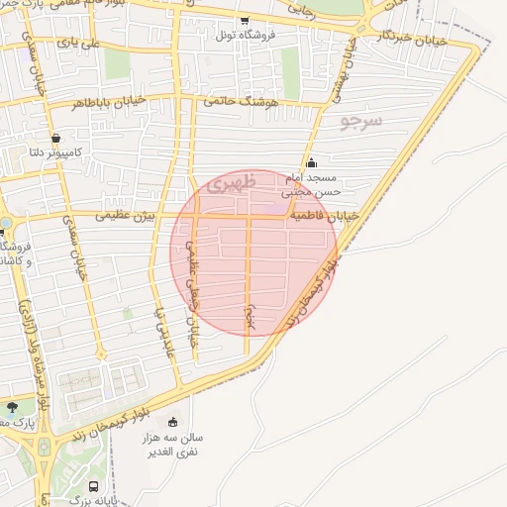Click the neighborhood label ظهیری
pos(236,183)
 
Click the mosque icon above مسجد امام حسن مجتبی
pos(312,163)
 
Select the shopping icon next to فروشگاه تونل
pos(245,19)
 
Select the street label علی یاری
pos(78,44)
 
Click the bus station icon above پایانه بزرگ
pos(93,487)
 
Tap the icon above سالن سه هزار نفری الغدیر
pos(174,422)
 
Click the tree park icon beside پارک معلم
pos(12,407)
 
